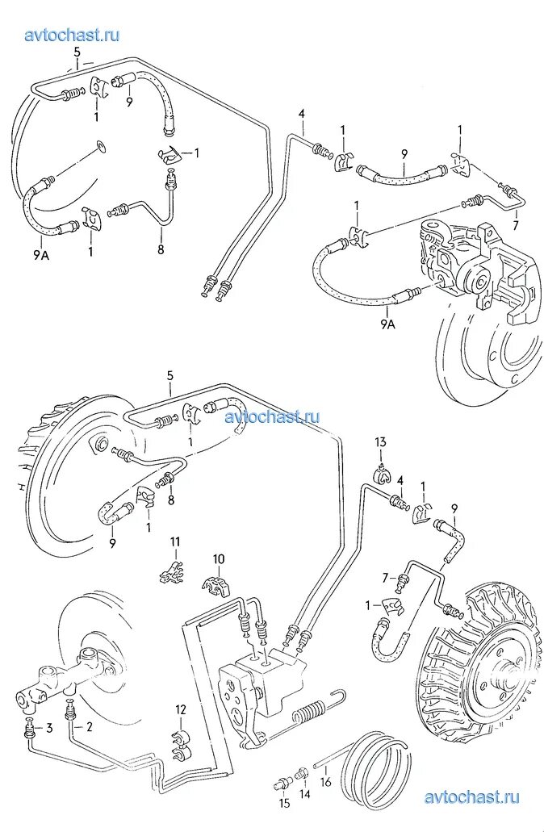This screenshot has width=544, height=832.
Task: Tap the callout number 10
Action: (x=219, y=558)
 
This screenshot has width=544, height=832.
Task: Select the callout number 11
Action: (x=174, y=541)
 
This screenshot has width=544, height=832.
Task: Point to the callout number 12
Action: (x=181, y=709)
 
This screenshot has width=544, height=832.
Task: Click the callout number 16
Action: (x=326, y=782)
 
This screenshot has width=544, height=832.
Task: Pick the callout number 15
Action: (x=284, y=803)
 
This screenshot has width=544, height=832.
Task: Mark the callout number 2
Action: (x=89, y=727)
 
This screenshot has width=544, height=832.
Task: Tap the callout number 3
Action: (x=48, y=728)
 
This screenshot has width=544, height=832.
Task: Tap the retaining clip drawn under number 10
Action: (x=216, y=584)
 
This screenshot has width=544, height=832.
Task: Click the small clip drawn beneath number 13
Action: (x=383, y=471)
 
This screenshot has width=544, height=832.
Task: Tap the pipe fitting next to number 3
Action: (x=31, y=731)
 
